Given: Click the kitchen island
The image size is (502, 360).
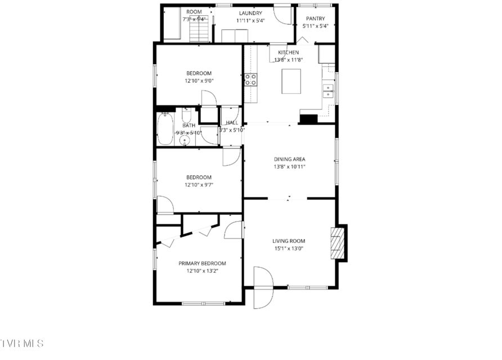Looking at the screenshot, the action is pos(291,81).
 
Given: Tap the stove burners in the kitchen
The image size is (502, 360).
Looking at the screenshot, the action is pos(250,80).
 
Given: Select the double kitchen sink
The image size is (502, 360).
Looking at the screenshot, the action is pos(328,91).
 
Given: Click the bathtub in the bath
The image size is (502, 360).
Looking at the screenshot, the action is pos(165,129).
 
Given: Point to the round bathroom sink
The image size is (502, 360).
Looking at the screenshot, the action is pos(185,141).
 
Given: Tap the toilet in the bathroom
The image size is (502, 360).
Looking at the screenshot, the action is pos(186,115).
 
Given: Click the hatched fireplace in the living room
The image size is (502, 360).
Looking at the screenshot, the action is pos(338,243).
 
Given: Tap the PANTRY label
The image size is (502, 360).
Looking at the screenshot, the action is pos(315,19).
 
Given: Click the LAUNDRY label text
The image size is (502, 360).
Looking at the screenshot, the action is pos(250,13).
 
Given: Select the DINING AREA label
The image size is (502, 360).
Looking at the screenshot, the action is pos(289,159).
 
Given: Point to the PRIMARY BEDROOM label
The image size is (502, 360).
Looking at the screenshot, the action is pos(202,263).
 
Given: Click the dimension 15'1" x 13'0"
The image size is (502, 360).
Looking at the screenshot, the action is pos(289,248).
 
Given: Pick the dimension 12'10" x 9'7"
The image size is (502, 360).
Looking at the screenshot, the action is pos(199,184).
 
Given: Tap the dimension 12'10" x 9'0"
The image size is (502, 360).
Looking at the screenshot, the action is pos(199,80).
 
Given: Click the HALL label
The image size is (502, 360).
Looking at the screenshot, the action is pos(232,123).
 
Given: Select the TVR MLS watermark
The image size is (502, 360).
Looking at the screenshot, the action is pos(22,343).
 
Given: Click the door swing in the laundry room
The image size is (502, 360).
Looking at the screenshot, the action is pos(283,15).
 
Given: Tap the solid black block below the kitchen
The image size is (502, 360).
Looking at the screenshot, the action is pos(308,119).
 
